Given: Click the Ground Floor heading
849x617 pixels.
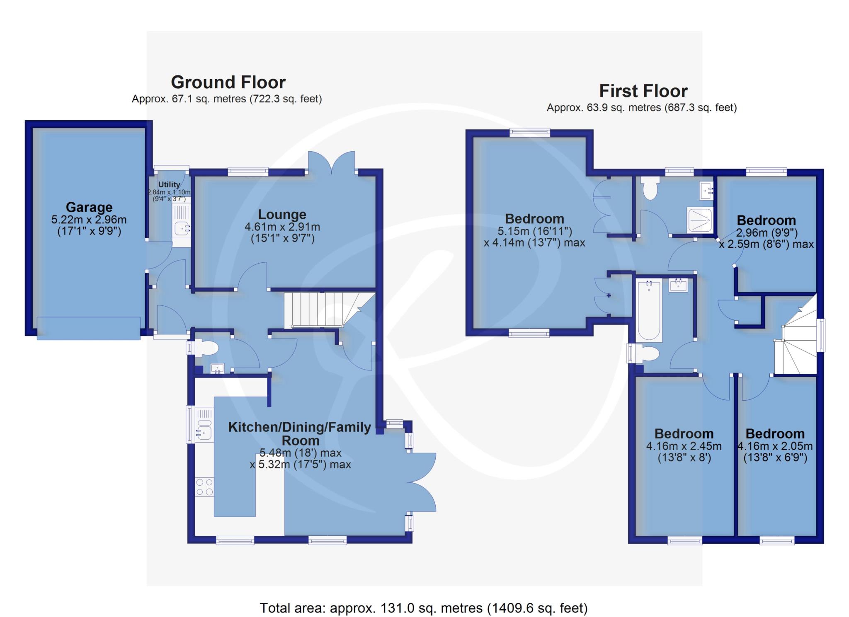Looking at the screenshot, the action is pos(228,82).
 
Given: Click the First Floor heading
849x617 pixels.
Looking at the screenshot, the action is pos(643,91).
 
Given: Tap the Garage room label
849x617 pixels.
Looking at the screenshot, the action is pos(89,207).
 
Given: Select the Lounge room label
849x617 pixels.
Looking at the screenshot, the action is pos(282,214).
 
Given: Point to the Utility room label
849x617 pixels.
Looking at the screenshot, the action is pos(169,184).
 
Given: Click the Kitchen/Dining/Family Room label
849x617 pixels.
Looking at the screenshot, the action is pos(300,433).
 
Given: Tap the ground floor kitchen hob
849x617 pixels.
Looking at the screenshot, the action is pos(204,487).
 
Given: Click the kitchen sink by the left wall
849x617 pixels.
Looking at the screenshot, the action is pos(204,433).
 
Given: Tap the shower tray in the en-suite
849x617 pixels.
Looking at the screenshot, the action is pos(700,221).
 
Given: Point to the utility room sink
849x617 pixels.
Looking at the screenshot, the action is pos(182,227).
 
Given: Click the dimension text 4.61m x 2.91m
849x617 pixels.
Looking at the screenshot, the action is pos(282,227).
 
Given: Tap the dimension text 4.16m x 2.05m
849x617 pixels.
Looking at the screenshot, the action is pos(775,446).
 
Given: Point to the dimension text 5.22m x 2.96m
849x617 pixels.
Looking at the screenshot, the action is pos(89,220).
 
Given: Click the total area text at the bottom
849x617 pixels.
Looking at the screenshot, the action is pos(424,607).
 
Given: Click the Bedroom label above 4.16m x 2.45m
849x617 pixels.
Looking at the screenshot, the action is pos(684,433).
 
